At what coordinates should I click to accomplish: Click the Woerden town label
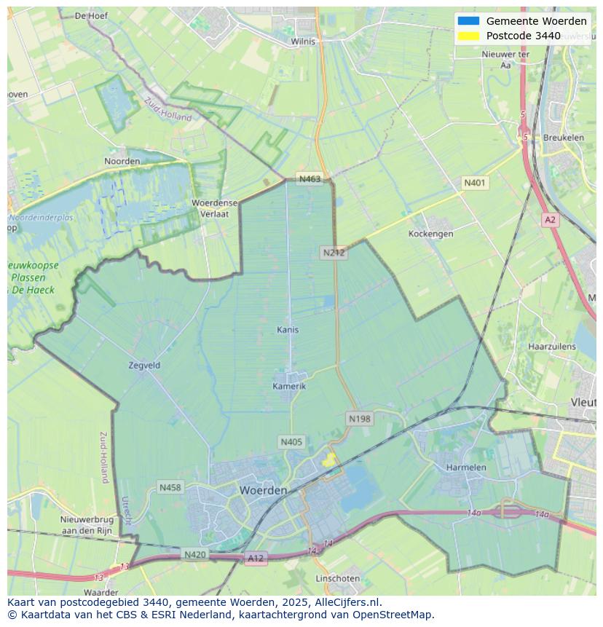point(263,490)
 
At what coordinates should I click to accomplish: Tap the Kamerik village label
point(289,386)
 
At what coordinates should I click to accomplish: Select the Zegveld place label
point(143,366)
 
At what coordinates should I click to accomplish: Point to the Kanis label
point(288,330)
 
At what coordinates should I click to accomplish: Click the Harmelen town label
point(466,467)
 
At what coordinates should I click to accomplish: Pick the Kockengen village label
point(430,234)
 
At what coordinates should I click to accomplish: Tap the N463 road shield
point(310,179)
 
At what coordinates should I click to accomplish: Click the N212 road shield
point(334,253)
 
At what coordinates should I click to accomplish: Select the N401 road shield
point(475,184)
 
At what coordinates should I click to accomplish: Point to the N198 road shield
point(359,419)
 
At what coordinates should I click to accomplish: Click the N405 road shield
point(291,442)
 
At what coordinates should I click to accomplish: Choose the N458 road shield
point(170,487)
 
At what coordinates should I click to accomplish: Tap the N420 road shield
point(194,555)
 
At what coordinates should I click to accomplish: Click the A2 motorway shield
point(550,219)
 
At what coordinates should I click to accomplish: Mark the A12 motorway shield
point(256,559)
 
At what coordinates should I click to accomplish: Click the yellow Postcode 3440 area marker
point(329,460)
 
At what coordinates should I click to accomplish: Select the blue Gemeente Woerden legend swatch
point(468,21)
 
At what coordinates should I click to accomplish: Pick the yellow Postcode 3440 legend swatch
point(468,36)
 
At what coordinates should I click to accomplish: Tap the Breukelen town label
point(563,138)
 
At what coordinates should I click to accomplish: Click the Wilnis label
point(303,42)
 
